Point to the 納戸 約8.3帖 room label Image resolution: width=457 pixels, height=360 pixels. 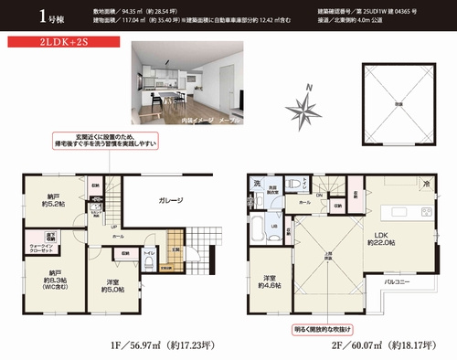pyautogui.click(x=53, y=278)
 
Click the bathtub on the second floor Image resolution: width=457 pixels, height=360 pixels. pyautogui.click(x=259, y=227)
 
